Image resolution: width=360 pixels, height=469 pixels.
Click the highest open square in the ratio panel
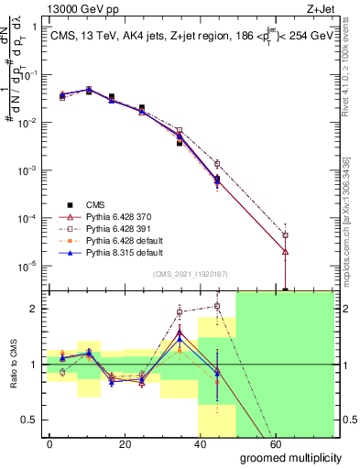(217, 306)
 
